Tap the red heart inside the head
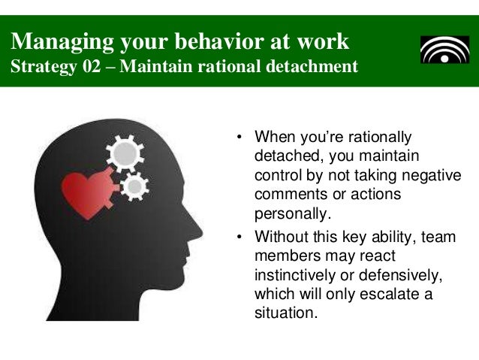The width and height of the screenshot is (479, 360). click(x=85, y=192)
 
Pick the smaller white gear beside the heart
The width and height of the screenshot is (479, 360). click(x=134, y=186)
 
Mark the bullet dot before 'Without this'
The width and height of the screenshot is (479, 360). click(x=239, y=237)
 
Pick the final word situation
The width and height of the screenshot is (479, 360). click(x=286, y=311)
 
